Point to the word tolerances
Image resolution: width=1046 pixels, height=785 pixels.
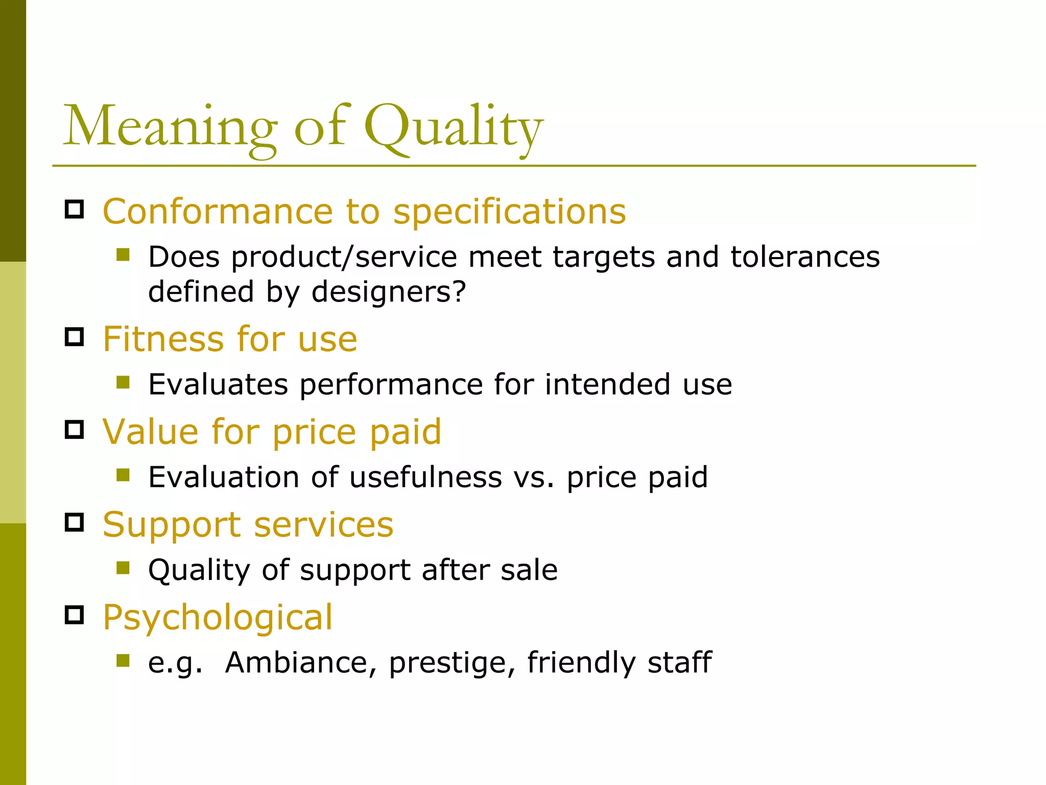[x=805, y=257]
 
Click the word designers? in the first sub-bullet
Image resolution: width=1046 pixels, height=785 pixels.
[x=389, y=292]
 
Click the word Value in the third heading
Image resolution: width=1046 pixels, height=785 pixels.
[x=151, y=432]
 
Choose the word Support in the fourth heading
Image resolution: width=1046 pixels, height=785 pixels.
[x=172, y=525]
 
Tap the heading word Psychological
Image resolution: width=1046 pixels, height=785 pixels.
[x=218, y=617]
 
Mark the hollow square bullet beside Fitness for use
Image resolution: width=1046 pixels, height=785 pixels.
[x=75, y=337]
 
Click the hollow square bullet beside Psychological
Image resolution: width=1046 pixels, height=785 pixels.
[x=75, y=615]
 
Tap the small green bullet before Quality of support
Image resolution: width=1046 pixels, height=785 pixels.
[x=123, y=568]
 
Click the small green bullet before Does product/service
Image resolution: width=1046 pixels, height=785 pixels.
[x=123, y=255]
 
